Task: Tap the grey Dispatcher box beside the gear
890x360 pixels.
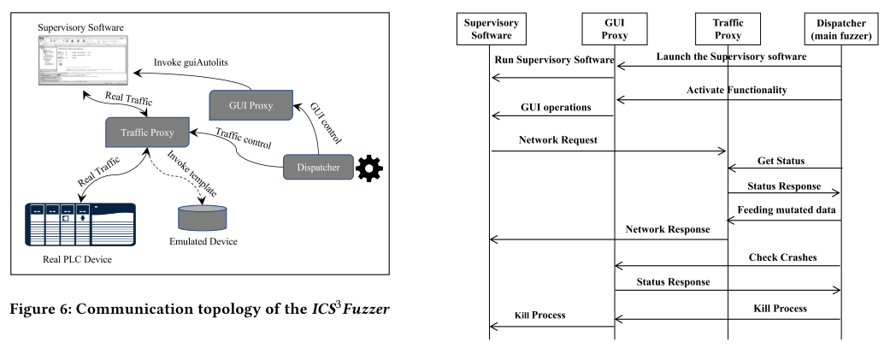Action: click(x=317, y=168)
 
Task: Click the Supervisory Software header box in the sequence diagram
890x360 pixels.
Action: click(x=490, y=28)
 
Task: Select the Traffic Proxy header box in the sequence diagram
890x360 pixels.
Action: click(x=727, y=28)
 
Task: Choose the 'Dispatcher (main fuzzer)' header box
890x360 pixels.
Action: click(x=840, y=28)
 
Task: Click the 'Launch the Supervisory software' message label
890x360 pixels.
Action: click(x=731, y=56)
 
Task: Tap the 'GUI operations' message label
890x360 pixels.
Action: click(x=555, y=108)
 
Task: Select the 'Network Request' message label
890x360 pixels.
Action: click(x=557, y=139)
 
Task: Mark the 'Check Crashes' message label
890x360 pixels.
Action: click(x=782, y=257)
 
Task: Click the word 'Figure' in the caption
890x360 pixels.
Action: click(x=38, y=308)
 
